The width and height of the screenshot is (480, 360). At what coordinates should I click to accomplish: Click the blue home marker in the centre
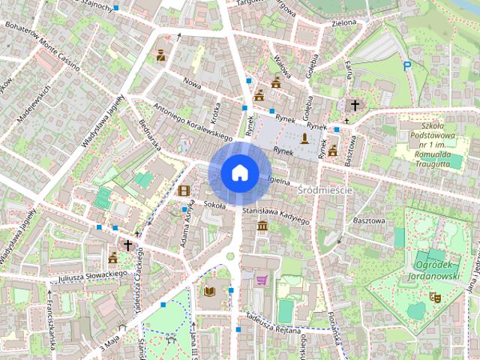pyautogui.click(x=239, y=172)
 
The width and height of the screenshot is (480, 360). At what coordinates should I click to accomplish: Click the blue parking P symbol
pyautogui.click(x=407, y=67)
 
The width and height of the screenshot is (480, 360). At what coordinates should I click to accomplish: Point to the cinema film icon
pyautogui.click(x=184, y=190)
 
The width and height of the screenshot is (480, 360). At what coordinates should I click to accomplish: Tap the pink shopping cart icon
pyautogui.click(x=262, y=280)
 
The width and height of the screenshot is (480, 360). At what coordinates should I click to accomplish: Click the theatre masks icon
pyautogui.click(x=433, y=297)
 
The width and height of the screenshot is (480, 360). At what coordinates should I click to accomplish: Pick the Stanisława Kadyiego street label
pyautogui.click(x=276, y=216)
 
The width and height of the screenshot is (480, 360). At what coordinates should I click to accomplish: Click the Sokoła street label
pyautogui.click(x=214, y=203)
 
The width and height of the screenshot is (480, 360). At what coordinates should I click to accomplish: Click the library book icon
pyautogui.click(x=209, y=291)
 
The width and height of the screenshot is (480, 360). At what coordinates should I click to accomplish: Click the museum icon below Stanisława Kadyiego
pyautogui.click(x=262, y=226)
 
